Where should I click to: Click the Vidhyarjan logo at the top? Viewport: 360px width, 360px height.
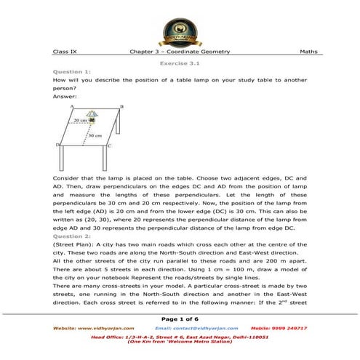point(180,27)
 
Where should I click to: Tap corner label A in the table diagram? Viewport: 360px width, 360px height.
point(72,107)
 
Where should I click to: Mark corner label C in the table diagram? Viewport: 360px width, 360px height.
point(108,145)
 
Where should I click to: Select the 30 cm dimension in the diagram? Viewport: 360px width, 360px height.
point(95,135)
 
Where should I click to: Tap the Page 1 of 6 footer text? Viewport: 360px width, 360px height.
point(180,319)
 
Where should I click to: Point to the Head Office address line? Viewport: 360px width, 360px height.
point(180,337)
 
